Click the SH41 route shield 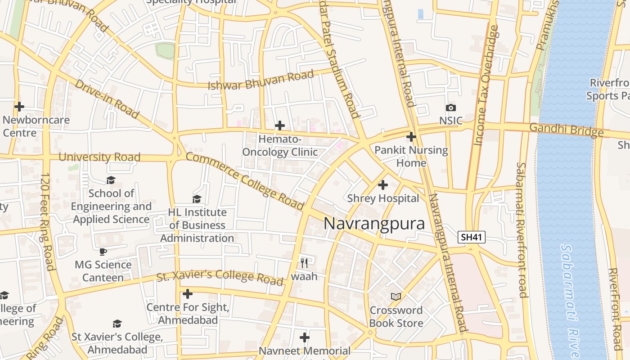coord(472,237)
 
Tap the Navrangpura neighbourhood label coord(374,224)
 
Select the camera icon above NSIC coord(450,108)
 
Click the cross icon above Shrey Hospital coord(383,185)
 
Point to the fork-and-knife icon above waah coord(304,263)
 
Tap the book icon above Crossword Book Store coord(396,297)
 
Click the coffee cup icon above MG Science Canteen coord(103,252)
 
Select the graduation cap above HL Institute coord(197,199)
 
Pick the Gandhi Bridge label coord(566,130)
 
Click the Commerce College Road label coord(245,181)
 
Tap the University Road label coord(99,157)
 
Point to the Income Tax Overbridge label coord(486,85)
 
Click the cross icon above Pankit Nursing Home coord(411,137)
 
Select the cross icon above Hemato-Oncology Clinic coord(280,126)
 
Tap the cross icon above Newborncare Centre coord(19,107)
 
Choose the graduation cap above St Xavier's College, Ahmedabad coord(117,324)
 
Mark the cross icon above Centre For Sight coord(188,294)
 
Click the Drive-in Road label coord(107,99)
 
